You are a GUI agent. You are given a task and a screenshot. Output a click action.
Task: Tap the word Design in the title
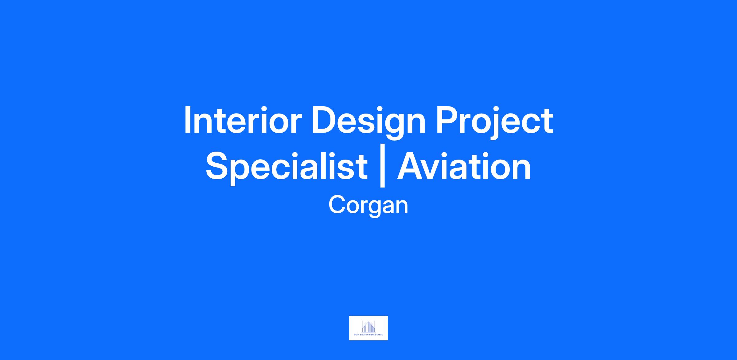[368, 123]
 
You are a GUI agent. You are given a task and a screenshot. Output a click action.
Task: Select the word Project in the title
[495, 123]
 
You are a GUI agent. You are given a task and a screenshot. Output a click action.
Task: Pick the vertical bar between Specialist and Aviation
[382, 166]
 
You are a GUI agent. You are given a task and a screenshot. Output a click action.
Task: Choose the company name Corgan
[368, 206]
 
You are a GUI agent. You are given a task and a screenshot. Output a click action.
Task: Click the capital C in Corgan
[337, 205]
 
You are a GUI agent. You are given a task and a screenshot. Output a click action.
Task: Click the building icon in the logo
[368, 327]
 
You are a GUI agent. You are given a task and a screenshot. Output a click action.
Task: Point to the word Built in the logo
[357, 335]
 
